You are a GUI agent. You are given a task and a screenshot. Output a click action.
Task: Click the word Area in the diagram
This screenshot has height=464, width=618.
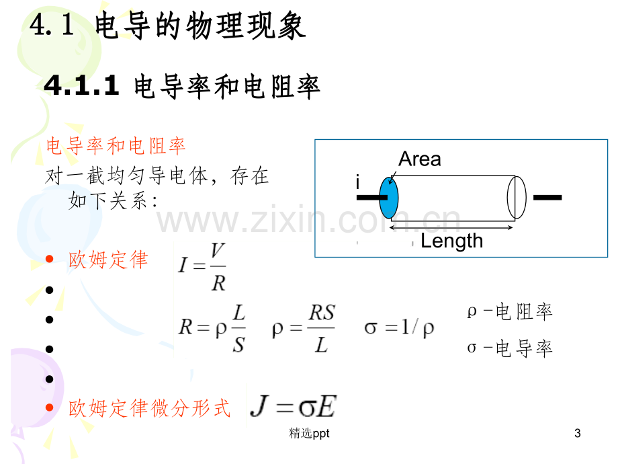tap(419, 159)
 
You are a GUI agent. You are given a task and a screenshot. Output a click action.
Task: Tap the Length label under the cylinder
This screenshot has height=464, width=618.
tap(451, 241)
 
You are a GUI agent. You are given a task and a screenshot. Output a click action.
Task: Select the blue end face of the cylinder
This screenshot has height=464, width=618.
tap(389, 198)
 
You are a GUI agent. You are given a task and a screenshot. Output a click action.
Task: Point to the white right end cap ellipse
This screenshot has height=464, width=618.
tap(517, 197)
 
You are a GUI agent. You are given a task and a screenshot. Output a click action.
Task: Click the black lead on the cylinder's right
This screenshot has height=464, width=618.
tap(547, 197)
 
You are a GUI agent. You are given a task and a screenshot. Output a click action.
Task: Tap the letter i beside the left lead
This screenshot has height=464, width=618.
tap(357, 182)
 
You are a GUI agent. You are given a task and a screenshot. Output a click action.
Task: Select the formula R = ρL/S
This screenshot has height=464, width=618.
tap(212, 328)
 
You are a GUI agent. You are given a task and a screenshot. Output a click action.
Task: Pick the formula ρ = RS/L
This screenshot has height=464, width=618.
tap(304, 328)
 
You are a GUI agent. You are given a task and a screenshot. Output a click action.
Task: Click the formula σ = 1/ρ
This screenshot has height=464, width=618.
tap(399, 327)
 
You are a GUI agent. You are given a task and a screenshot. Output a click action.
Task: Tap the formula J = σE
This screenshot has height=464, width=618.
tap(294, 406)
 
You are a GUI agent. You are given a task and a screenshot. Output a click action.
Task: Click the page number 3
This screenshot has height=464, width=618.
tap(578, 433)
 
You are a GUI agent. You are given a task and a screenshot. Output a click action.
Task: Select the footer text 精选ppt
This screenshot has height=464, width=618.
tap(309, 433)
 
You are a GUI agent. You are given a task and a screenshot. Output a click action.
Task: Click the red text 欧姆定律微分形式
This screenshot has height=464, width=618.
tap(149, 408)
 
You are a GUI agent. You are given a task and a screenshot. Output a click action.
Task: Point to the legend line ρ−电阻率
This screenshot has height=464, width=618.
tap(510, 312)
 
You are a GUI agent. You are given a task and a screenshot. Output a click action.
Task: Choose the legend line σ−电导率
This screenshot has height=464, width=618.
tap(510, 348)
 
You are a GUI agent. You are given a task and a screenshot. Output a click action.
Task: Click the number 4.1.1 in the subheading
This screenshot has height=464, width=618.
tap(81, 85)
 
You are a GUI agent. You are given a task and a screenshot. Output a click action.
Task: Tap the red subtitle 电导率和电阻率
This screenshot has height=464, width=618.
tap(116, 146)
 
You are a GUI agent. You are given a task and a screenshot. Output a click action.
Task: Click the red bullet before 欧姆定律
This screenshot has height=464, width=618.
tap(49, 259)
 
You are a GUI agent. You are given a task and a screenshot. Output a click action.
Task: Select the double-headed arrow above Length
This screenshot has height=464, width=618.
tap(451, 228)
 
